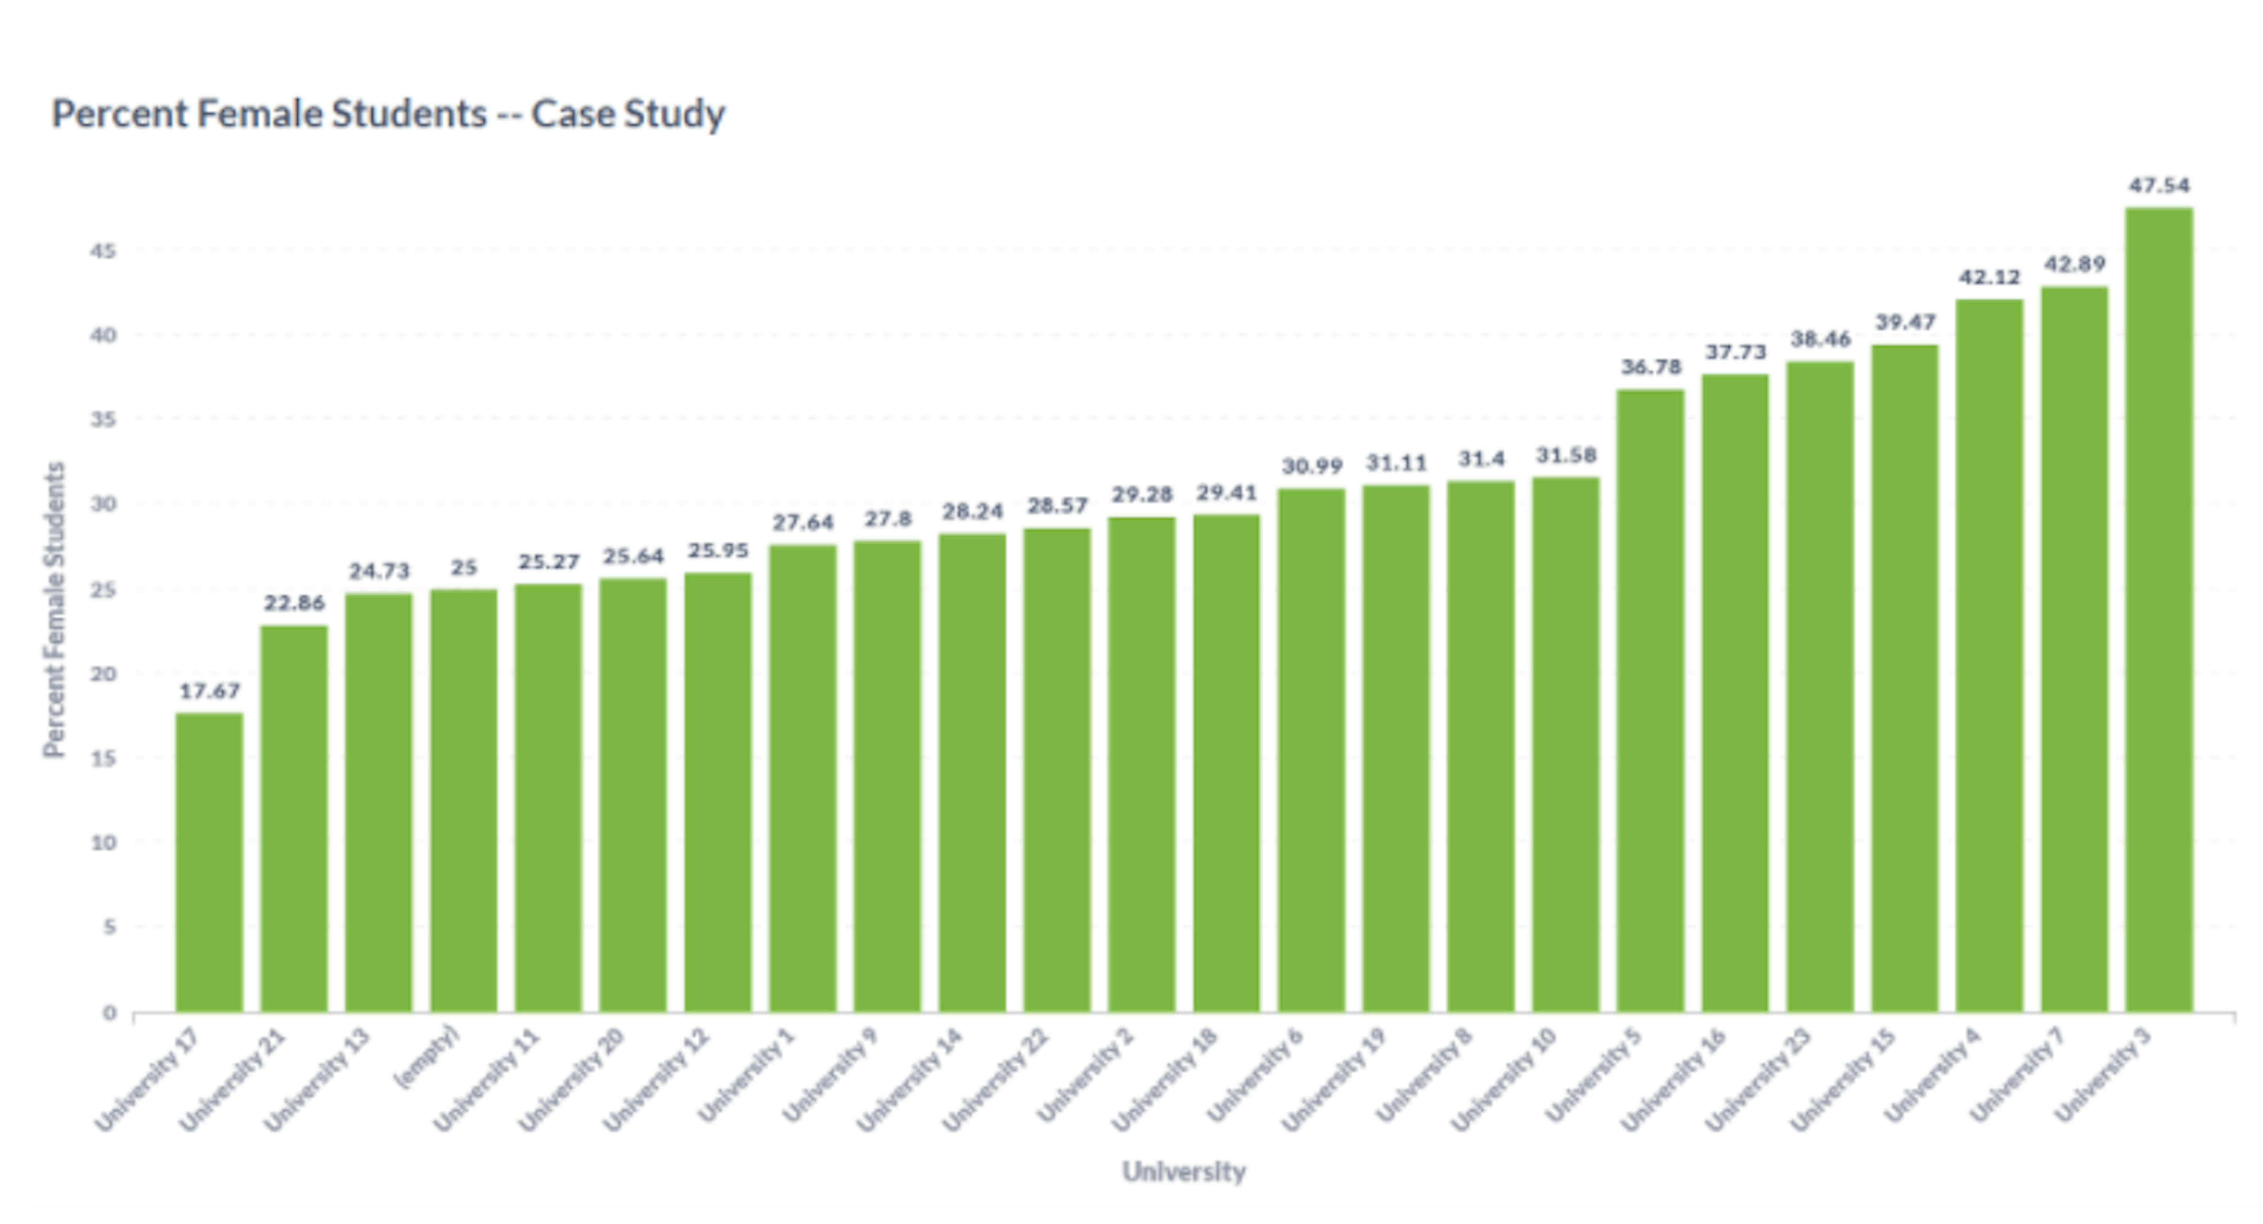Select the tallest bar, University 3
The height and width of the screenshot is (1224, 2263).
(2159, 610)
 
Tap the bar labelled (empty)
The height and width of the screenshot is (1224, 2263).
(463, 801)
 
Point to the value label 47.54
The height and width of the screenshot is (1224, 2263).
(2159, 185)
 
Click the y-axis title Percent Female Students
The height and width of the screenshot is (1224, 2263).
(54, 609)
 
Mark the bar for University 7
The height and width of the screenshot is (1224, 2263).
(2074, 650)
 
